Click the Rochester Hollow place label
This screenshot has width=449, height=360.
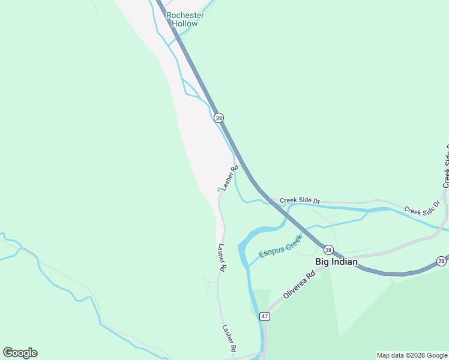(185, 19)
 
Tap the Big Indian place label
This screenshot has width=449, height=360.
(336, 262)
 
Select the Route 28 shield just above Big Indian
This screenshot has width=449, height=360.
(328, 249)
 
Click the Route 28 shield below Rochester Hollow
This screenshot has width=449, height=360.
(218, 118)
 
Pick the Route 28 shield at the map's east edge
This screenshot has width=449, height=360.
(441, 261)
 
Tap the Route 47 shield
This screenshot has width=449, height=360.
(264, 316)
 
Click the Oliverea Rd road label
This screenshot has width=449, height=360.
(299, 286)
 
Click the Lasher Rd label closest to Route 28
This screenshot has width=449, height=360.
(229, 178)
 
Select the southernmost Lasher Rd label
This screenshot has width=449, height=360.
(229, 338)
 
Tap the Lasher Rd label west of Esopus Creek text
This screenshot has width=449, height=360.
(221, 258)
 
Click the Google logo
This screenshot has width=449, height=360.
(20, 353)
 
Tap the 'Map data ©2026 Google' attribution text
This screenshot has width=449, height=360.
(412, 355)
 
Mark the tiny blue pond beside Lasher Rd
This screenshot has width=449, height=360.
(218, 190)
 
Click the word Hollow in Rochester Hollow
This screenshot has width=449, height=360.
(185, 24)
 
